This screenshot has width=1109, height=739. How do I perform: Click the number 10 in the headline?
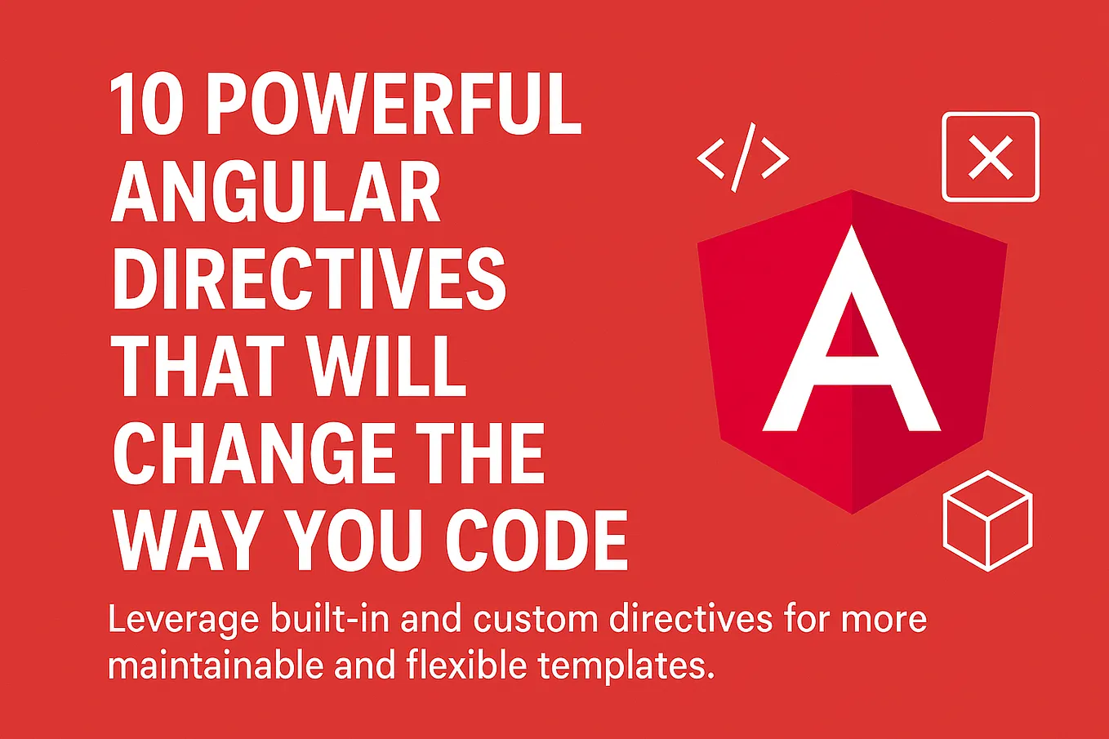145,105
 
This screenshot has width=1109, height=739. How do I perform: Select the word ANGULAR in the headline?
276,193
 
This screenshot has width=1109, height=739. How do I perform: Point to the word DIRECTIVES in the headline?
309,280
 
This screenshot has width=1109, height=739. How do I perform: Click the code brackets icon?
743,157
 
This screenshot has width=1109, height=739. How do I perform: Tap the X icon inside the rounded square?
990,157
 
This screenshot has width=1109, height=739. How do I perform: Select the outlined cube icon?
987,520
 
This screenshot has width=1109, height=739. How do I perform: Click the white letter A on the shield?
851,343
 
